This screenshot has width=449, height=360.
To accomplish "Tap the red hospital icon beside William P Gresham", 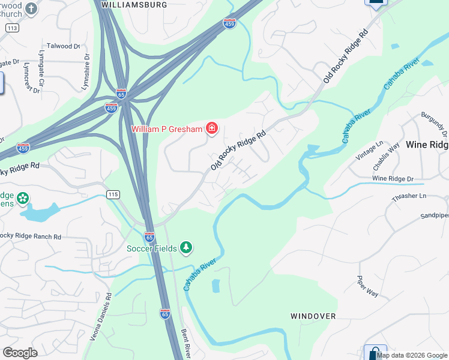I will [x=211, y=128].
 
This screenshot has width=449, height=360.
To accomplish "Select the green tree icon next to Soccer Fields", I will [x=187, y=248].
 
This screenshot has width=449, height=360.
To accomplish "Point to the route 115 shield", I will [x=113, y=194].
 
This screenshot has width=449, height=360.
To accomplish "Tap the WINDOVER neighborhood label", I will [x=313, y=316].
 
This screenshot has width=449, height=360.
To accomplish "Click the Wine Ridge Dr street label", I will [x=393, y=179].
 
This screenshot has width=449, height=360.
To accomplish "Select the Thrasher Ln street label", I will [x=406, y=196].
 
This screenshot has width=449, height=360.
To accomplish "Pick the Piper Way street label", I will [x=368, y=286].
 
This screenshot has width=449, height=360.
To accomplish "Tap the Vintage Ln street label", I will [x=369, y=150].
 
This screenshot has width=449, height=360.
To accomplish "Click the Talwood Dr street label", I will [x=64, y=46].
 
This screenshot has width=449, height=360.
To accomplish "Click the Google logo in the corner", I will [x=20, y=353].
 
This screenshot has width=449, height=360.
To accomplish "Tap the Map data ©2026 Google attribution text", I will [x=412, y=355].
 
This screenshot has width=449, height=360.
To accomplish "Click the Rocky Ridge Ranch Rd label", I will [x=30, y=236].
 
